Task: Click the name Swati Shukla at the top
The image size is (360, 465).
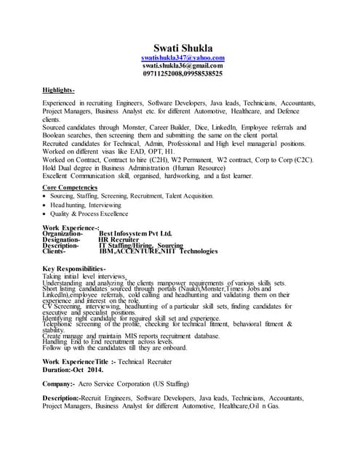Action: tap(183, 47)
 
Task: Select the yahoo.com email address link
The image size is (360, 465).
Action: tap(183, 57)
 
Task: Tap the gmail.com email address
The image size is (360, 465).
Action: tap(183, 65)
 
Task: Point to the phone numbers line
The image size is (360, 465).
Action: tap(183, 73)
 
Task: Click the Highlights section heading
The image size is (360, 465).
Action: tap(59, 90)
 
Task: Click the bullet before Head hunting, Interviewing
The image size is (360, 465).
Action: tap(46, 206)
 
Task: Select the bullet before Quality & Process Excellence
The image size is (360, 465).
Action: tap(46, 214)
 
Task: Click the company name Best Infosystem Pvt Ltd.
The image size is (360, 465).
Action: tap(135, 233)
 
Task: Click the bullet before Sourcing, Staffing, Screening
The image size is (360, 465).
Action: tap(46, 196)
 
